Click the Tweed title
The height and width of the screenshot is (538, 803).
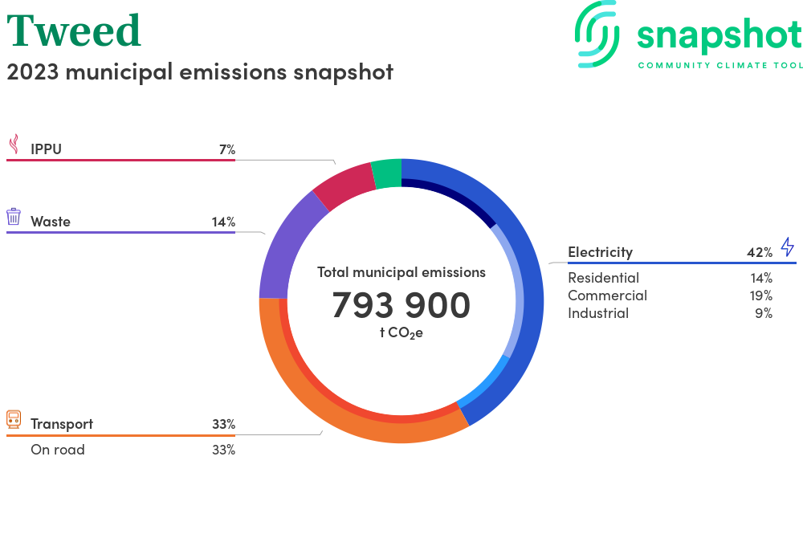[74, 31]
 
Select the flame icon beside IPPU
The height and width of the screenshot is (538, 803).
[14, 145]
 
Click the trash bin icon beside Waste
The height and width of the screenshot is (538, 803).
[14, 217]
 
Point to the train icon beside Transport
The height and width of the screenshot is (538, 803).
[14, 419]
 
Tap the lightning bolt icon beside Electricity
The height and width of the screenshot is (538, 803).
[787, 247]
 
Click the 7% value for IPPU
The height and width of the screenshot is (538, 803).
[226, 149]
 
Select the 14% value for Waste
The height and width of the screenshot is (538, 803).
[223, 222]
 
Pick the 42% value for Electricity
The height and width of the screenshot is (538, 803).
[759, 252]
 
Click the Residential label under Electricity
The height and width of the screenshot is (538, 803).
[603, 278]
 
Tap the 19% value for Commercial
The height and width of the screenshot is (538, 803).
[760, 295]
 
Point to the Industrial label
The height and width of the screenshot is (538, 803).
[598, 313]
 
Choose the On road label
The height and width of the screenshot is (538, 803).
[58, 450]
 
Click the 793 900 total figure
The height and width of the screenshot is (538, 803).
[401, 305]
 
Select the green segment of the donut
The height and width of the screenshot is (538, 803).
[386, 173]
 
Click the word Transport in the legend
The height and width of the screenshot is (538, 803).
[62, 424]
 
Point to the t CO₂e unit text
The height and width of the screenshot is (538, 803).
[401, 332]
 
